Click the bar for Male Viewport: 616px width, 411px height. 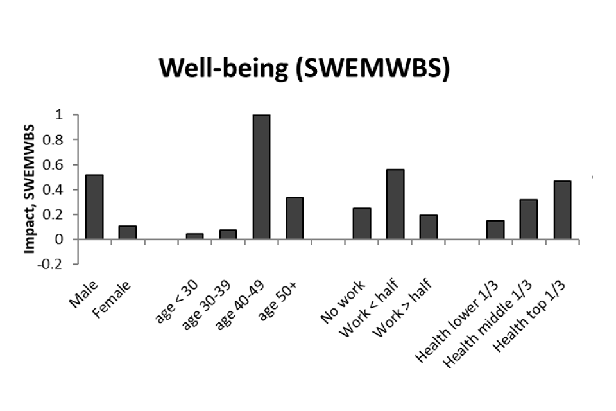[x=94, y=207]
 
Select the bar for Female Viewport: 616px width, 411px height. [x=128, y=232]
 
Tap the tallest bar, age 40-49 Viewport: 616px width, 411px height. [x=261, y=177]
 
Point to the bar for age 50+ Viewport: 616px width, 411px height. [x=295, y=218]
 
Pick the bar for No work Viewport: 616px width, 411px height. [x=361, y=223]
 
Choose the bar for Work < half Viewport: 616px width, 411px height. [x=395, y=204]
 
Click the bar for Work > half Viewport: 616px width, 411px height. [x=428, y=227]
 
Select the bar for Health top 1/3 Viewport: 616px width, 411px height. [x=562, y=210]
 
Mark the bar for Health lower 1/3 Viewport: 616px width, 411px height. [x=495, y=230]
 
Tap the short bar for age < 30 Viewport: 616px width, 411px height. [x=194, y=236]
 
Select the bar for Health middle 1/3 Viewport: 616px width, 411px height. [x=529, y=220]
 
